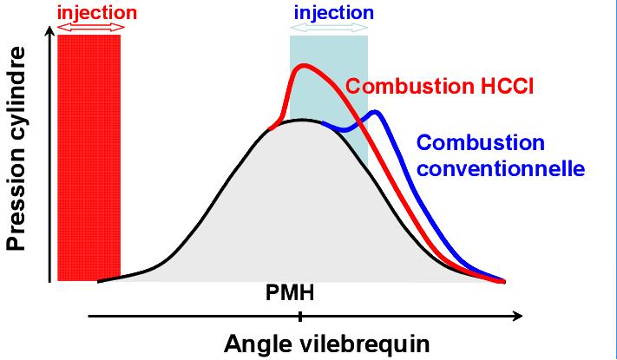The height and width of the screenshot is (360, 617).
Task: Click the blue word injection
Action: [333, 13]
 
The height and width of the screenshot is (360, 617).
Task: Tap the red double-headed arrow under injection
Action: [90, 29]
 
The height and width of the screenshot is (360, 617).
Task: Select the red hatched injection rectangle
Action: [89, 156]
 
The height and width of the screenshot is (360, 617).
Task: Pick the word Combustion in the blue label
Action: [480, 141]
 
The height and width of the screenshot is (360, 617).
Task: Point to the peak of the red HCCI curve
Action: [302, 65]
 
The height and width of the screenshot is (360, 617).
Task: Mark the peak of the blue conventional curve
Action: [375, 111]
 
